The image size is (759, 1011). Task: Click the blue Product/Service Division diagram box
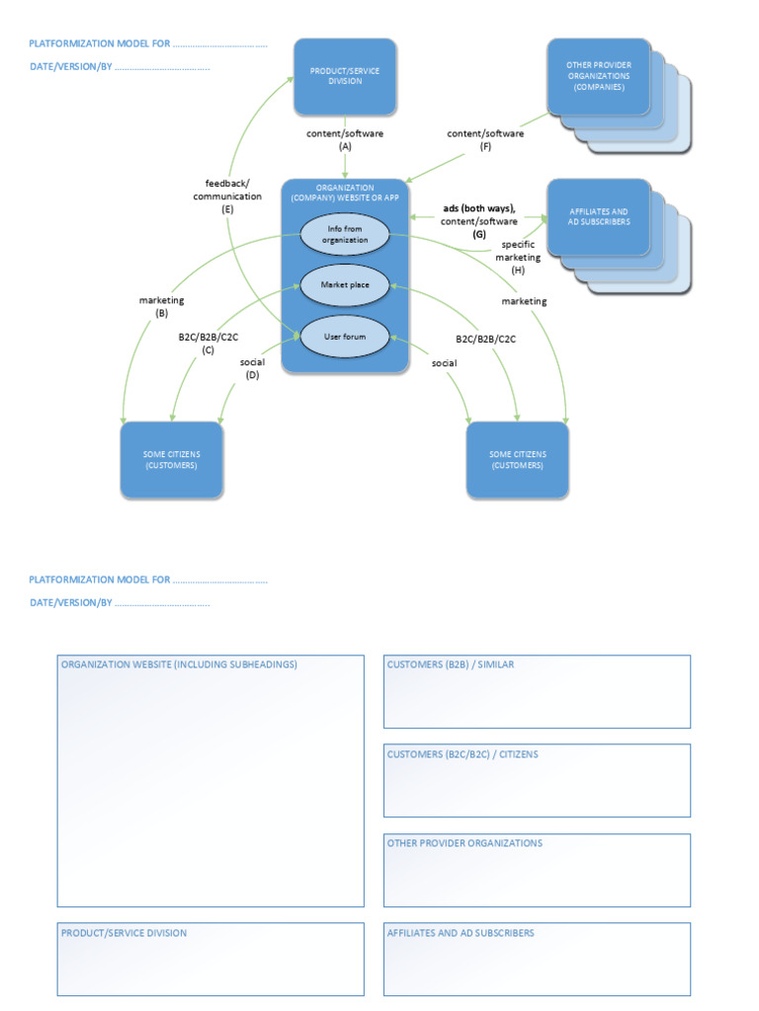click(x=345, y=76)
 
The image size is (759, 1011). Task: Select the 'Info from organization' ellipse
click(x=346, y=235)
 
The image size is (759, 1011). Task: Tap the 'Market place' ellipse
click(x=346, y=284)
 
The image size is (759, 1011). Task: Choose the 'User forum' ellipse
click(x=345, y=337)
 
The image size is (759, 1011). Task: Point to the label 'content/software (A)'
click(x=345, y=139)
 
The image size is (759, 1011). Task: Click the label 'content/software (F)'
click(x=485, y=139)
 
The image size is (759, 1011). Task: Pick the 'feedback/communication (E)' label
click(x=227, y=195)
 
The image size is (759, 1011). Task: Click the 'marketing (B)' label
click(x=161, y=306)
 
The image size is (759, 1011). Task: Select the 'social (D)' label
click(x=252, y=368)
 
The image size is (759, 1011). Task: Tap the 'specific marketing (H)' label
click(x=518, y=257)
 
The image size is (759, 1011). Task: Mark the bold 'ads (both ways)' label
click(x=479, y=208)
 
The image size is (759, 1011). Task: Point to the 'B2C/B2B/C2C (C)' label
click(x=208, y=344)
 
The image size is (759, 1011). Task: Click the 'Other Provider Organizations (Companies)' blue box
click(x=599, y=77)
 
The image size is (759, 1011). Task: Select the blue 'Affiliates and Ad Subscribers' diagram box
click(x=599, y=216)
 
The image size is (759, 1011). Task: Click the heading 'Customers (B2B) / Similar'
click(x=451, y=664)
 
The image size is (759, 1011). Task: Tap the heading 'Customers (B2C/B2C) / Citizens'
click(x=463, y=754)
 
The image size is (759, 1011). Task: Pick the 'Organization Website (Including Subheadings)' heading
click(x=179, y=664)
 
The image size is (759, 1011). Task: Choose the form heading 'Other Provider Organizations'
click(x=464, y=843)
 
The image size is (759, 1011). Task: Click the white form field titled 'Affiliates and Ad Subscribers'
click(x=537, y=964)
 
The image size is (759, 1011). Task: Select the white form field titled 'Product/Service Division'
click(x=211, y=964)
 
